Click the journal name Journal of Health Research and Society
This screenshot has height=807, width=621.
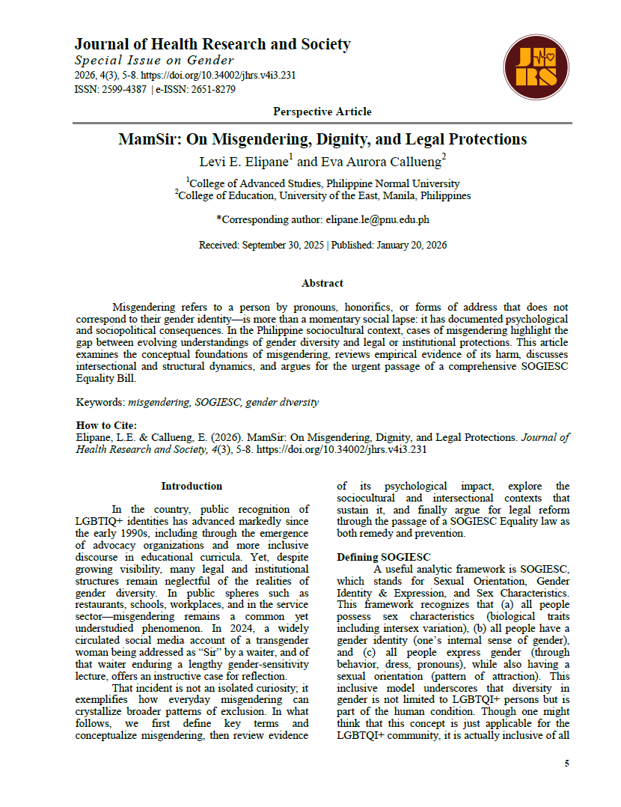212,44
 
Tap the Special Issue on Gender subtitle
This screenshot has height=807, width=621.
154,61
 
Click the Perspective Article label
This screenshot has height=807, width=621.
322,112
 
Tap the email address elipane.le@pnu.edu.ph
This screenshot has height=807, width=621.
377,219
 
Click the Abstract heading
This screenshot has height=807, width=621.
322,283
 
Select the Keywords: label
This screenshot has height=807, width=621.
100,402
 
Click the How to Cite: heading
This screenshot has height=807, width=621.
106,426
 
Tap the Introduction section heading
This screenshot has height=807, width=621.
192,486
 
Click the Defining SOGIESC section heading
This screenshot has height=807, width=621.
383,558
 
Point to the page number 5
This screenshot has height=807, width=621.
566,764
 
